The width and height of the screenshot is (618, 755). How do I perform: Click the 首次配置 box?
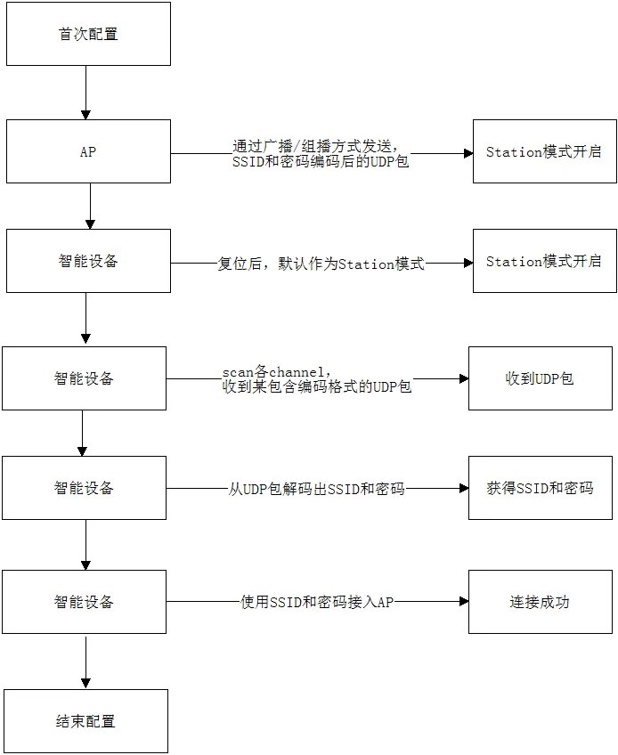click(87, 35)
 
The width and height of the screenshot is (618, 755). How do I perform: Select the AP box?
click(87, 152)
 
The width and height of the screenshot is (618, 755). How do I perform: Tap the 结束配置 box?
click(85, 721)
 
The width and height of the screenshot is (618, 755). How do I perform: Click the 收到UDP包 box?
click(540, 378)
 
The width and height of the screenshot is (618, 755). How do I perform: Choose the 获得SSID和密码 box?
click(540, 488)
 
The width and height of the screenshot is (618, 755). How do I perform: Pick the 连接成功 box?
click(540, 602)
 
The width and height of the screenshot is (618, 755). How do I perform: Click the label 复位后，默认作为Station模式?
click(321, 264)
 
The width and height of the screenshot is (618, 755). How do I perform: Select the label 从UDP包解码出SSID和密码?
click(317, 489)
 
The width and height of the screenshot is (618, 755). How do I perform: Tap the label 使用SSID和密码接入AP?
click(317, 603)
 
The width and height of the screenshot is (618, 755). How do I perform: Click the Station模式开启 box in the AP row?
click(543, 152)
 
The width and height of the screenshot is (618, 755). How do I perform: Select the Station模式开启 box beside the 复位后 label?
click(543, 262)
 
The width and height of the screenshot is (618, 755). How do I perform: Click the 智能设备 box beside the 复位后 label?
click(87, 262)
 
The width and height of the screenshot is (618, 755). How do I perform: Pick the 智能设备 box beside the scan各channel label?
click(84, 378)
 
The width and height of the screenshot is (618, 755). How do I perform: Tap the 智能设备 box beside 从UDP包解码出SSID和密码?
click(84, 488)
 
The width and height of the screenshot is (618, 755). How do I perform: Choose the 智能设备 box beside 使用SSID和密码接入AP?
click(84, 602)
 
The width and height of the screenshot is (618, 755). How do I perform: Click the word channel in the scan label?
click(299, 371)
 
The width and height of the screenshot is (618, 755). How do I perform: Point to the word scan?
click(236, 371)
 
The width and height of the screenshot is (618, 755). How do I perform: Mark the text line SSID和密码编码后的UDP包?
click(321, 162)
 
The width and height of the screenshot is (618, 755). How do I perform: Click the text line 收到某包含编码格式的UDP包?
click(317, 387)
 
